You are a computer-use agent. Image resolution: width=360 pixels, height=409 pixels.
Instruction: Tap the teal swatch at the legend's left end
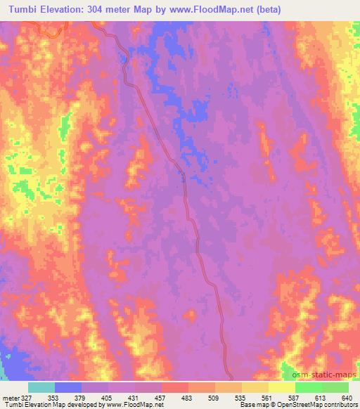coord(41,387)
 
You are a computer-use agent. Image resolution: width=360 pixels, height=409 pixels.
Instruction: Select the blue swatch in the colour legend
coord(68,387)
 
